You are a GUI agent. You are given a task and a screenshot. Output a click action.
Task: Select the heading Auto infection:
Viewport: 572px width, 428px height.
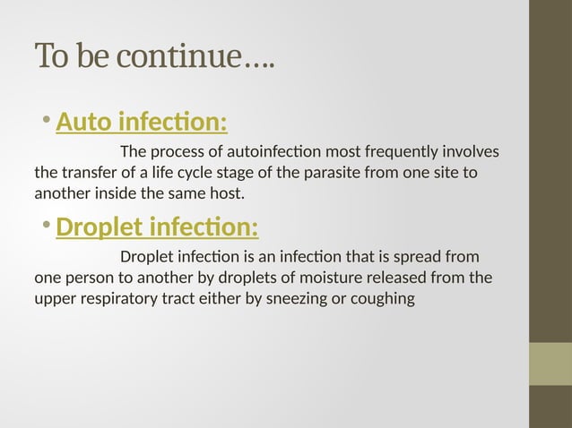[141, 120]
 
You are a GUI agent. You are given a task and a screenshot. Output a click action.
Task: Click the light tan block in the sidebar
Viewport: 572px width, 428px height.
[550, 364]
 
